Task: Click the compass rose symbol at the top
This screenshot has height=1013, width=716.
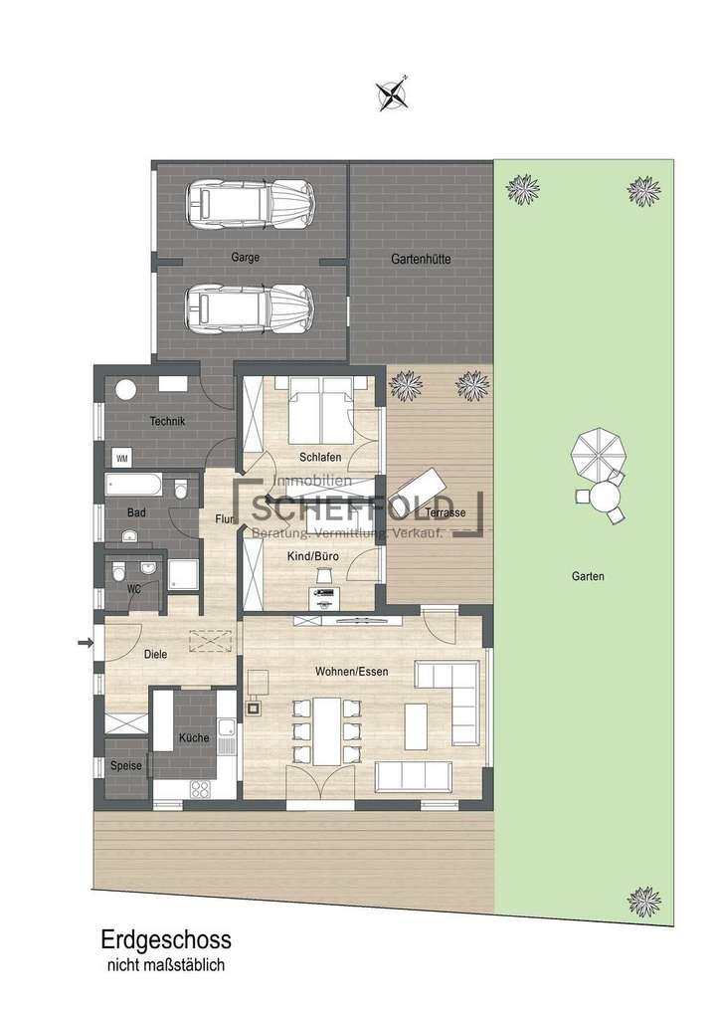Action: tap(394, 94)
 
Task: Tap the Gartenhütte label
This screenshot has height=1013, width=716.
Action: tap(420, 259)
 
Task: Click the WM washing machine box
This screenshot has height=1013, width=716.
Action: tap(121, 458)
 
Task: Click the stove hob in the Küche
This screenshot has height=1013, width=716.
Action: tap(200, 789)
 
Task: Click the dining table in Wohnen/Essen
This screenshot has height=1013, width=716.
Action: tap(327, 731)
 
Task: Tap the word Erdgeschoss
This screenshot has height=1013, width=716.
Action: tap(166, 939)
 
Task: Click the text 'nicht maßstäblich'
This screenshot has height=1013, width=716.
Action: tap(166, 964)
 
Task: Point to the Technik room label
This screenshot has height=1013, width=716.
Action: tap(167, 421)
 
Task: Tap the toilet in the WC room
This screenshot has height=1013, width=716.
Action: tap(118, 572)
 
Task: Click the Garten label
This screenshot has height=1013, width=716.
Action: tap(588, 576)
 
